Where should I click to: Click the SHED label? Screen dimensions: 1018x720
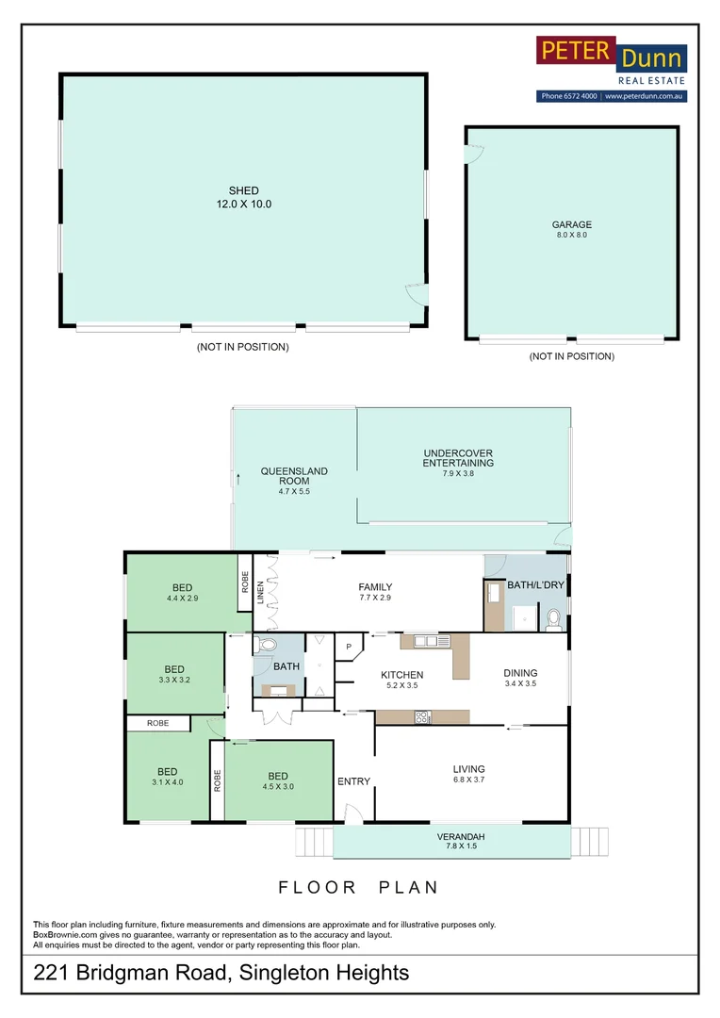point(244,191)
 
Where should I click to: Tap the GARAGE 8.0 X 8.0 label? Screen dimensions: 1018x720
point(571,229)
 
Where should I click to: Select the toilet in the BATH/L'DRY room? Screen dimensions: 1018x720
point(553,618)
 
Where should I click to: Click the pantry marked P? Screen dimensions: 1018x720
point(349,647)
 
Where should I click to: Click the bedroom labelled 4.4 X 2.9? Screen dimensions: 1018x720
point(182,593)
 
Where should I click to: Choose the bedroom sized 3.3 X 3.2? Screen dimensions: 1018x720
point(174,673)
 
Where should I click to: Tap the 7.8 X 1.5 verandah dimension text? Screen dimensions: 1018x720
point(461,847)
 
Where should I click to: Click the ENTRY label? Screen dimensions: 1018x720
point(353,781)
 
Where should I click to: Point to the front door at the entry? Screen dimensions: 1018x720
point(352,813)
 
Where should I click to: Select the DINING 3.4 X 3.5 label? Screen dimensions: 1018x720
point(519,679)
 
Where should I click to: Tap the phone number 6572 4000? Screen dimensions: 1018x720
point(569,96)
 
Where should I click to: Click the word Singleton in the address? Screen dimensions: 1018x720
point(292,973)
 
